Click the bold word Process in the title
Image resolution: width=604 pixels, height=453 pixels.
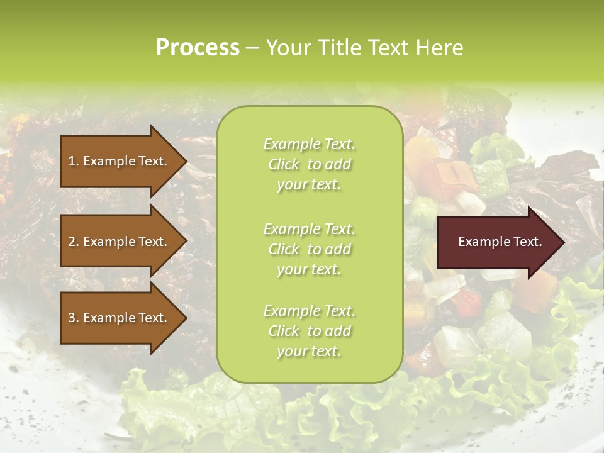point(198,48)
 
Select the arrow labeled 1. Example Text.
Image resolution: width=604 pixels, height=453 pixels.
point(120,161)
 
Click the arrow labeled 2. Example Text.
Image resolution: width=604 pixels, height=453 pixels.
point(120,242)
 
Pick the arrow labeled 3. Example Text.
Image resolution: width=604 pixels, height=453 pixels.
point(120,318)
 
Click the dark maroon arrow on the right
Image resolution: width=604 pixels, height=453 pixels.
point(497,242)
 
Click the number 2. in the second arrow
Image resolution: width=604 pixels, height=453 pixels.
point(74,242)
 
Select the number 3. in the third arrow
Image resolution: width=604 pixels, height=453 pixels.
point(74,318)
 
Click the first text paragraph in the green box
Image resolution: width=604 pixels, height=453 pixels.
point(309,164)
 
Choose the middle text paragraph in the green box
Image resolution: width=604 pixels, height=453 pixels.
point(309,249)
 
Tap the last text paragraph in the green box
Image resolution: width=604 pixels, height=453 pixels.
point(309,331)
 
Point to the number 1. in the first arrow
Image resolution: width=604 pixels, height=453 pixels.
point(74,161)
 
